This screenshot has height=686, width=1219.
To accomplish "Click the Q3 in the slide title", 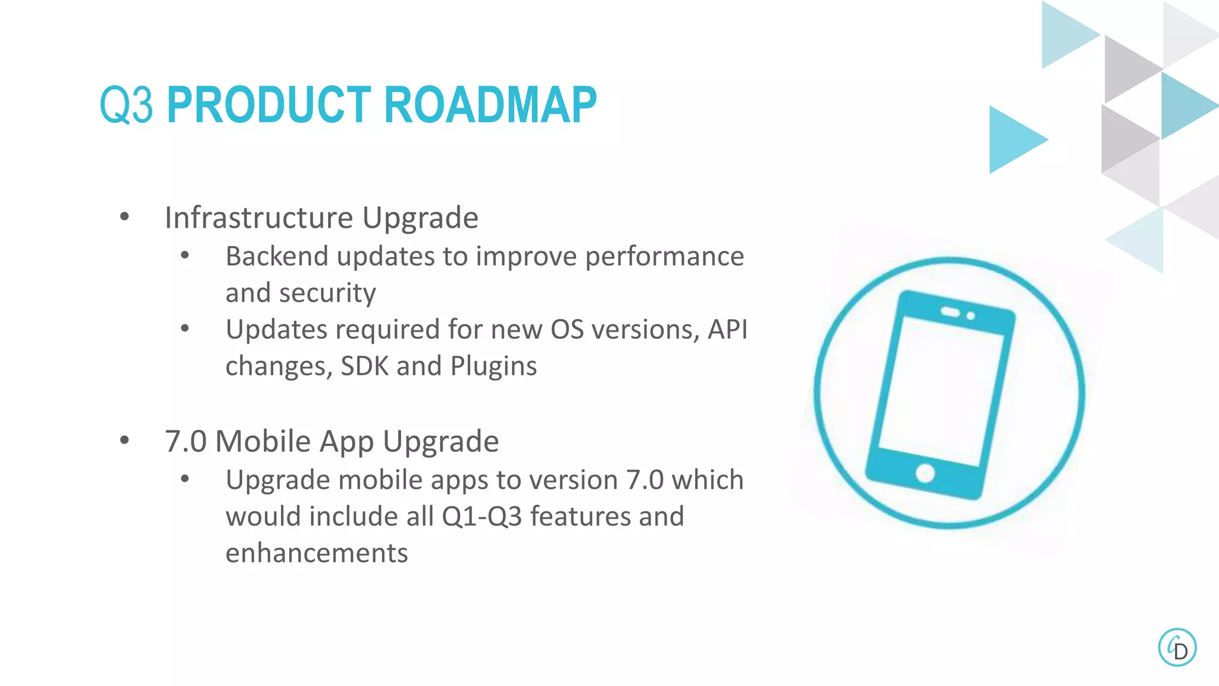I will tap(126, 105).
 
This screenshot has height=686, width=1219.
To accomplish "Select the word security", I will tap(327, 293).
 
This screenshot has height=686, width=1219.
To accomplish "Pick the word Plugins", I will tap(493, 366).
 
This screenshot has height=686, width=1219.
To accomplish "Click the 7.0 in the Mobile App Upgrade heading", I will tap(185, 441).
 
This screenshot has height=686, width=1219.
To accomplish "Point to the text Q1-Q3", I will tap(482, 516).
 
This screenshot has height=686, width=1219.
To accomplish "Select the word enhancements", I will tap(317, 553).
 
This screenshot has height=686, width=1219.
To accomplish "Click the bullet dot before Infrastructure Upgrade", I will tap(124, 217).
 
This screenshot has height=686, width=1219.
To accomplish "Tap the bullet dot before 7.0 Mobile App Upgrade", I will tap(124, 441).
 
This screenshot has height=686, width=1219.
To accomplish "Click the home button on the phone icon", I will tap(925, 473).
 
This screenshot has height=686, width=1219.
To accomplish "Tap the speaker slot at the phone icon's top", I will tap(950, 312).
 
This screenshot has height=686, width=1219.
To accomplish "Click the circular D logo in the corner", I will tap(1177, 647).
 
